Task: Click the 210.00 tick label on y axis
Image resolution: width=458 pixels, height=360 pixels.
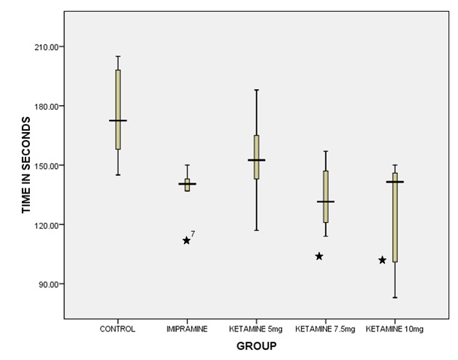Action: [x=47, y=47]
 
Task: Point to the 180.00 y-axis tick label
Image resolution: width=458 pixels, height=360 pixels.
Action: [x=47, y=107]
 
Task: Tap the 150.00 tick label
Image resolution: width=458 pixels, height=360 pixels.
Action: [x=47, y=166]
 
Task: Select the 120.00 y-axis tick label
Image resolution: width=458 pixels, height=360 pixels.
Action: [x=47, y=225]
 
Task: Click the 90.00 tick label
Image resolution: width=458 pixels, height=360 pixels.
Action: [x=49, y=284]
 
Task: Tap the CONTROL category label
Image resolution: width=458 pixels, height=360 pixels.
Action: [x=118, y=329]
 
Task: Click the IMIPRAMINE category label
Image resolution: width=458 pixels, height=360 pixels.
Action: [x=187, y=329]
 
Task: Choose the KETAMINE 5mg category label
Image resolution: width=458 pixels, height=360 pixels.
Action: [x=256, y=329]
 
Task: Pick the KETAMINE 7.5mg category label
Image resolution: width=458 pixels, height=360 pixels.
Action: [x=325, y=329]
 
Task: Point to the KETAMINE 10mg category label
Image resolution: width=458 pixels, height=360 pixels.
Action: [x=394, y=329]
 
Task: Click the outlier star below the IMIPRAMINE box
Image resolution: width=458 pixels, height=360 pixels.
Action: [x=186, y=240]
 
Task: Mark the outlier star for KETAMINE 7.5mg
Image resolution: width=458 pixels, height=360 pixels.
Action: [x=319, y=256]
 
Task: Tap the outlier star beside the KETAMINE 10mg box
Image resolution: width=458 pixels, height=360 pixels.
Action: [x=382, y=260]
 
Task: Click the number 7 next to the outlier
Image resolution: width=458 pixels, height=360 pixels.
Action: [x=193, y=234]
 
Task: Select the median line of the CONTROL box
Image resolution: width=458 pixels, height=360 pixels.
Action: [x=118, y=120]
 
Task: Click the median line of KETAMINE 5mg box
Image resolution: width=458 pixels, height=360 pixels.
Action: [x=256, y=160]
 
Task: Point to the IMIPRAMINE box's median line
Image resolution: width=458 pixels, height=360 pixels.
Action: [x=187, y=184]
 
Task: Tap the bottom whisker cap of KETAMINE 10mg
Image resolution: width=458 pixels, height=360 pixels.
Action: [x=394, y=297]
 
